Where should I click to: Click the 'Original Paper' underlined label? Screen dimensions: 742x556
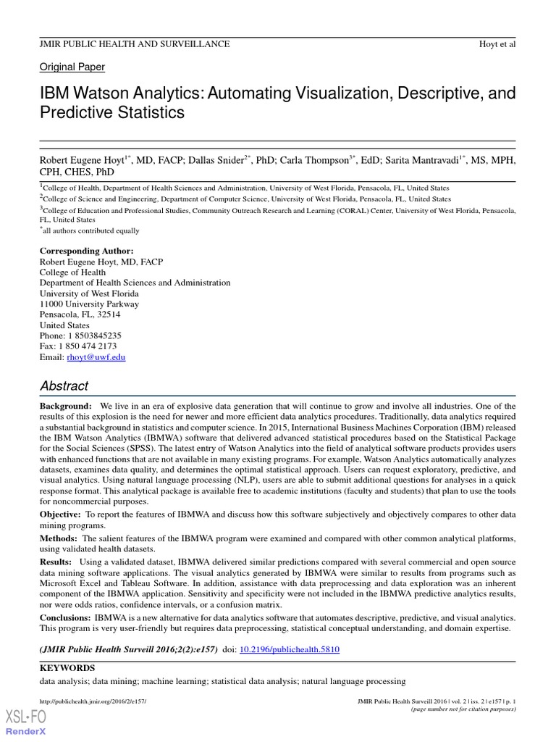[x=72, y=67]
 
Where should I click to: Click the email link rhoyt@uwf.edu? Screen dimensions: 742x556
[x=96, y=357]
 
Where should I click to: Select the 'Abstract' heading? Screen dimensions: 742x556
[x=64, y=386]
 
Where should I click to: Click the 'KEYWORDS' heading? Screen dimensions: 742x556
[x=67, y=667]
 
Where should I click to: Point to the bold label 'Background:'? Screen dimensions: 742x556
[x=65, y=407]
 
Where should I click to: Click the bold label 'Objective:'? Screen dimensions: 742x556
[x=61, y=514]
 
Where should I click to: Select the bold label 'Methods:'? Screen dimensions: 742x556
[x=58, y=538]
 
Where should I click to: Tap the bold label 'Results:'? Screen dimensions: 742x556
[x=56, y=562]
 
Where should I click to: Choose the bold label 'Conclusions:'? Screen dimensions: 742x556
[x=64, y=617]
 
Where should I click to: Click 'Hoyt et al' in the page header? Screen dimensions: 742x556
[x=497, y=44]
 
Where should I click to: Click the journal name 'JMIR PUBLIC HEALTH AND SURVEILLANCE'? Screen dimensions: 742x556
[x=135, y=44]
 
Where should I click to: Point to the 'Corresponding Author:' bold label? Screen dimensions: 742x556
[x=86, y=251]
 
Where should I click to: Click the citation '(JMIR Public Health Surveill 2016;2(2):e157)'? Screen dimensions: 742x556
[x=128, y=649]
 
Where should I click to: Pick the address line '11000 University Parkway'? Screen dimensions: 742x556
[x=89, y=304]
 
